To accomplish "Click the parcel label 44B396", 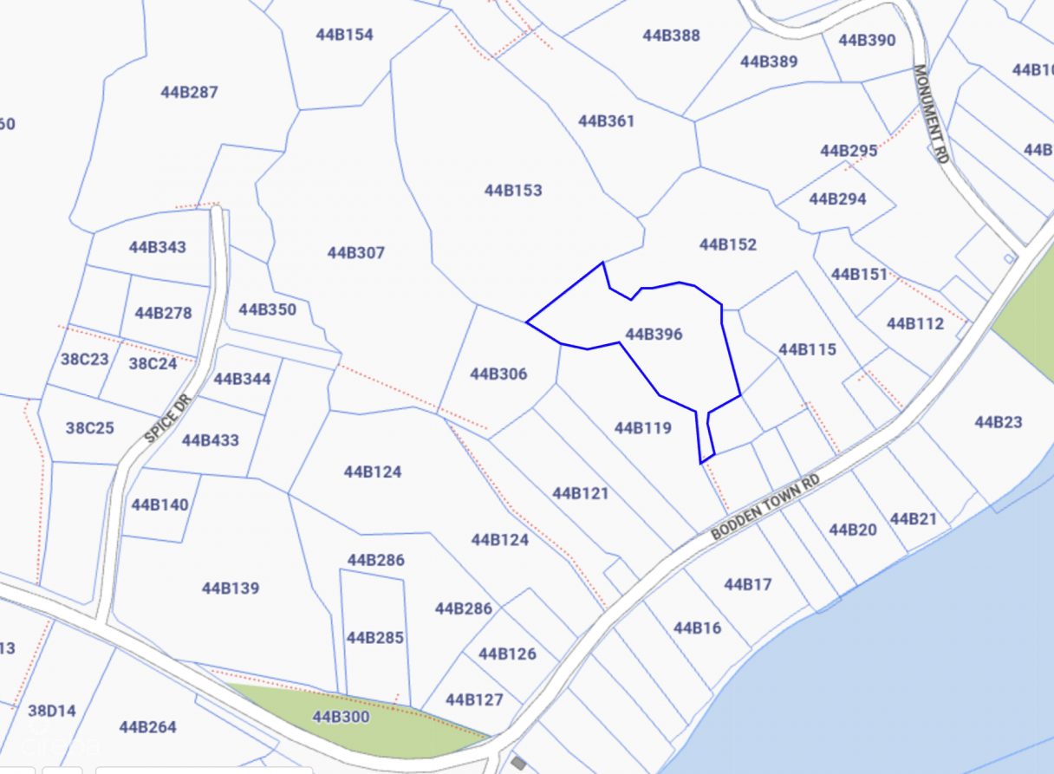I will click(654, 334).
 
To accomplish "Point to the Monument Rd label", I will click(931, 114).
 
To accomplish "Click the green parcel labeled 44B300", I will click(341, 717).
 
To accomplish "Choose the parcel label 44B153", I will click(513, 190).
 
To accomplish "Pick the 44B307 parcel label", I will click(355, 252).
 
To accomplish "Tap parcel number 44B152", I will click(728, 244).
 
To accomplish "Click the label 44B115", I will click(807, 349).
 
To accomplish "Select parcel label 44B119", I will click(642, 427).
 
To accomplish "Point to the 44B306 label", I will click(498, 374).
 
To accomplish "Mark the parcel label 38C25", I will click(90, 427).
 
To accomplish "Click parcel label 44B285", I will click(375, 637).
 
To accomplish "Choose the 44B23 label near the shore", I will click(998, 422).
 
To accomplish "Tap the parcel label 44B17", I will click(747, 584).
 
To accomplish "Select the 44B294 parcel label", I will click(837, 198).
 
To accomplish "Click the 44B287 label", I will click(189, 92).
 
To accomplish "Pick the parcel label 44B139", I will click(231, 588).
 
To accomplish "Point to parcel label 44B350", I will click(267, 309).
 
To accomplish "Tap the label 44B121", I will click(580, 493).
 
